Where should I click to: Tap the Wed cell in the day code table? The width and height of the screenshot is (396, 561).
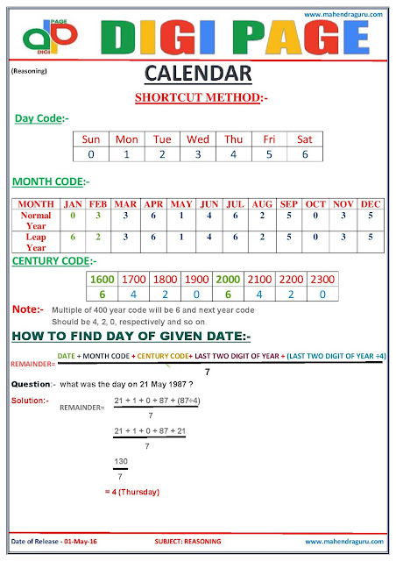pos(198,138)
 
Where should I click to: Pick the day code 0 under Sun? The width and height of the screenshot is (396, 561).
pos(91,154)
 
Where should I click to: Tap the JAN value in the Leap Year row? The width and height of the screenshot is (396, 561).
pos(74,237)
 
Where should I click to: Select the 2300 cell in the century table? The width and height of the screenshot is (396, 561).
pos(323,278)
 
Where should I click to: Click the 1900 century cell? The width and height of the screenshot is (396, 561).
pos(198,278)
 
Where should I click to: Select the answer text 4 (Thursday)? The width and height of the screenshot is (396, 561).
pos(131,492)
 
